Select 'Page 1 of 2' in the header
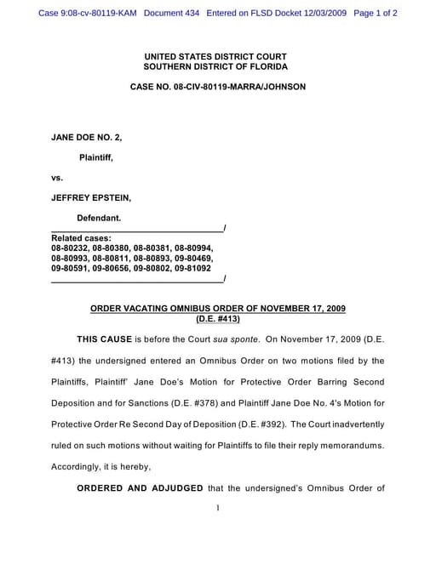376,14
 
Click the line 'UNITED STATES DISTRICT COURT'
217,56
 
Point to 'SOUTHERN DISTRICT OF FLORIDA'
217,66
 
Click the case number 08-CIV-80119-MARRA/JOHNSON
217,87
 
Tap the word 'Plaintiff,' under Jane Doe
96,157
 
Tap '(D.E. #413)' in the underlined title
218,319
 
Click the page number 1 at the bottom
218,509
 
